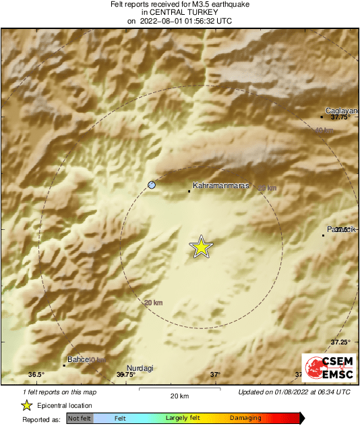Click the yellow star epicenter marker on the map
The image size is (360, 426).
point(200,247)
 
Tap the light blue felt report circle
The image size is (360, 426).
point(152,185)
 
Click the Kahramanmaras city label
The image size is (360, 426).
point(221,185)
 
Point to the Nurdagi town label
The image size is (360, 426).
point(140,367)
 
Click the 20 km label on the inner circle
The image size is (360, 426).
point(154,303)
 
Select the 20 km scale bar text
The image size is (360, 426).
point(179,395)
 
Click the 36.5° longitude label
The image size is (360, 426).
point(36,375)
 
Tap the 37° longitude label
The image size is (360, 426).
point(215,375)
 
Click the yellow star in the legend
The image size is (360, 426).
point(26,406)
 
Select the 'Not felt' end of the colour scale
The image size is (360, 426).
point(80,418)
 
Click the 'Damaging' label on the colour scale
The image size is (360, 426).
point(245,418)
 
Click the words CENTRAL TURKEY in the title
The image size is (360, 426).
point(179,13)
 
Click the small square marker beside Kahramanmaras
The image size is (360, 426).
point(189,191)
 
